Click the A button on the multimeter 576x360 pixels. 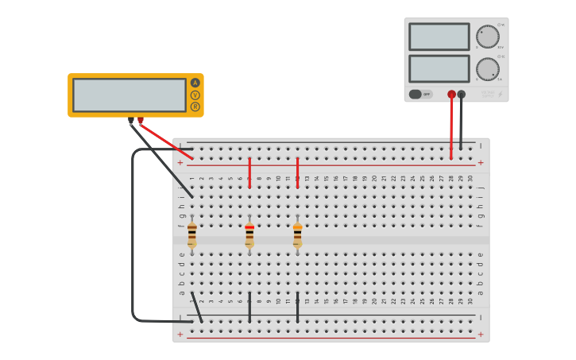point(195,83)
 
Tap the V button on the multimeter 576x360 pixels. point(195,95)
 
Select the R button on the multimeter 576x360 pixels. point(195,106)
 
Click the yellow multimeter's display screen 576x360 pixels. point(130,95)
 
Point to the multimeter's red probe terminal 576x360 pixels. point(141,121)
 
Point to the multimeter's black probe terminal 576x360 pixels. point(131,121)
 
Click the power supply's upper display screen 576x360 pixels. point(439,37)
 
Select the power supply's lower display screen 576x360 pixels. point(439,68)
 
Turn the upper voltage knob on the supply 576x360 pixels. point(487,37)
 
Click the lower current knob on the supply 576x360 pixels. point(487,68)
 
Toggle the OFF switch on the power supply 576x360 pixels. point(420,94)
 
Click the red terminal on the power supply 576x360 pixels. point(451,94)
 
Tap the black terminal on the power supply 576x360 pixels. point(462,94)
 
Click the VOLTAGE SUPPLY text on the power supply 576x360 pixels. point(487,94)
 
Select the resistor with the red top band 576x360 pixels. point(249,234)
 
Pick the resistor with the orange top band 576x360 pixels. point(297,234)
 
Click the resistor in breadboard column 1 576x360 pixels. point(191,234)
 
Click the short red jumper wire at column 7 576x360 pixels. point(249,172)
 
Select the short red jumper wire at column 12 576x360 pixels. point(297,172)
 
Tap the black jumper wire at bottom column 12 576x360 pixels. point(297,308)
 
